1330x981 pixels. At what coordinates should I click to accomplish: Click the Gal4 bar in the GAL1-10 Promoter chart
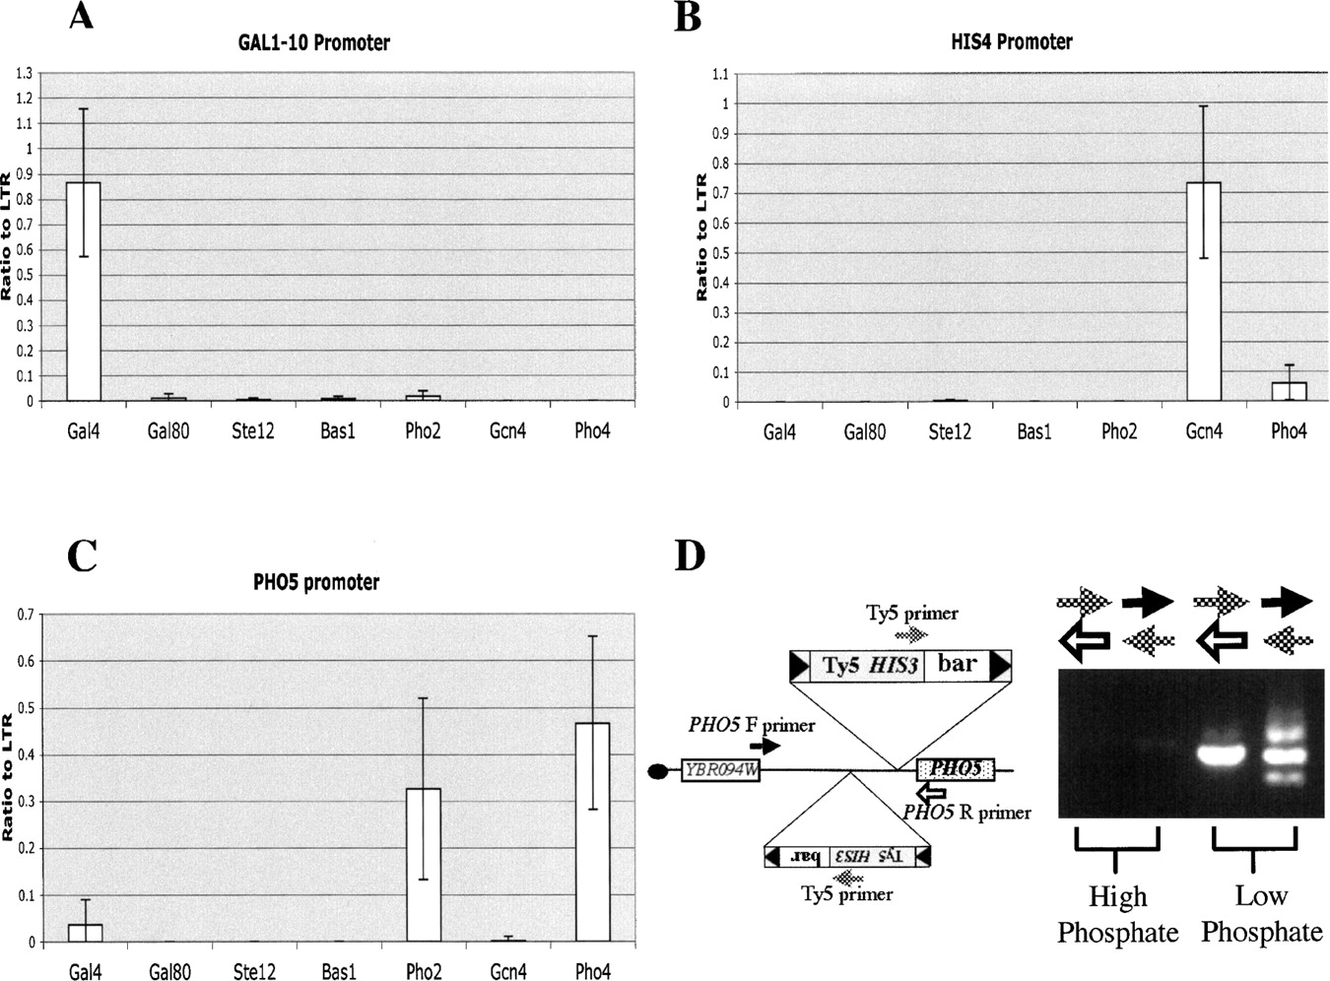coord(84,292)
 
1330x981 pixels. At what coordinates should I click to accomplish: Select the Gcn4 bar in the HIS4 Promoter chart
coord(1204,292)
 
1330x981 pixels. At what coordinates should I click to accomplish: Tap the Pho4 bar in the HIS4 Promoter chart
coord(1290,391)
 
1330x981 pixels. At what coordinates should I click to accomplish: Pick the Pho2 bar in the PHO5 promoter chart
coord(424,865)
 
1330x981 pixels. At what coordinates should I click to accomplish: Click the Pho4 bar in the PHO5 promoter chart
coord(592,832)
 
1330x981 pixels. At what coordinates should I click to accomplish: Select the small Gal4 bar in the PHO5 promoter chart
coord(85,933)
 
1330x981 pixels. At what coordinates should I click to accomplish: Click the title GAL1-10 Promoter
coord(313,42)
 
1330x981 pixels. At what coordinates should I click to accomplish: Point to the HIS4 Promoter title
coord(1011,41)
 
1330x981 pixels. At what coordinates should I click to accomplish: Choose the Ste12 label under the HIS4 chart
coord(950,431)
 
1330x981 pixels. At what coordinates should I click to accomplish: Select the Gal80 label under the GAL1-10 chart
coord(168,430)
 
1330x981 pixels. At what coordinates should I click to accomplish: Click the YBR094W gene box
coord(720,770)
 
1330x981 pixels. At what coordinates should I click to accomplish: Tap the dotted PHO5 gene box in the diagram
coord(956,769)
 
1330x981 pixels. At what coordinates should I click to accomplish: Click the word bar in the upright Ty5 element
coord(957,664)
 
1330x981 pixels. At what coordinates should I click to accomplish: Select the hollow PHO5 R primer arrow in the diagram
coord(932,794)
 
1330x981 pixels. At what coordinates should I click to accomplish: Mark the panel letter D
coord(691,556)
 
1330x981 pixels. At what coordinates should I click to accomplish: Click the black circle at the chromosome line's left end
coord(658,771)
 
